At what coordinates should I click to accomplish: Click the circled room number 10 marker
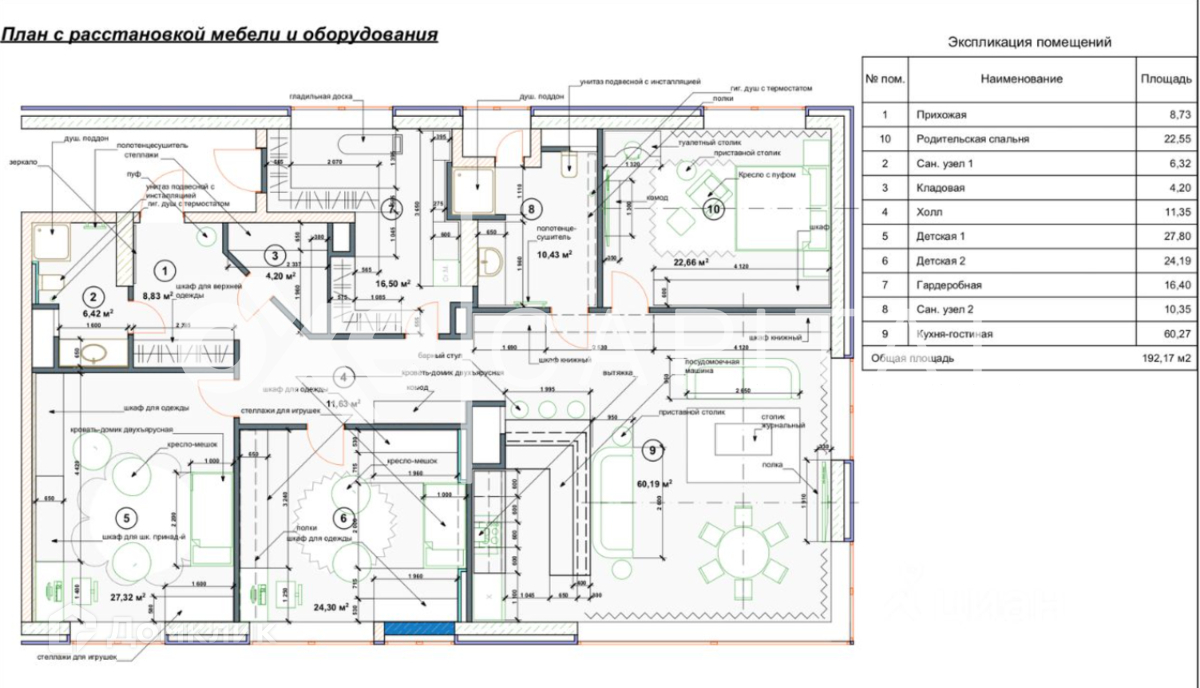click(713, 209)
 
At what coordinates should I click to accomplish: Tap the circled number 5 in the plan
click(125, 518)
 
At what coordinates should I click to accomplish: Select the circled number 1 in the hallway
click(167, 268)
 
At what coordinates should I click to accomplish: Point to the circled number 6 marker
click(343, 518)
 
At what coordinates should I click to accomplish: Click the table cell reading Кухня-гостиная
click(954, 334)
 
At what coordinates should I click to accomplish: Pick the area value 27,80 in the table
click(1165, 237)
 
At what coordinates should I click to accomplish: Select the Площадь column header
click(1165, 78)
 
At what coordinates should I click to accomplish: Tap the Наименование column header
click(1021, 78)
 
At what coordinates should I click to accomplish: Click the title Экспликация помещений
click(1029, 42)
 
